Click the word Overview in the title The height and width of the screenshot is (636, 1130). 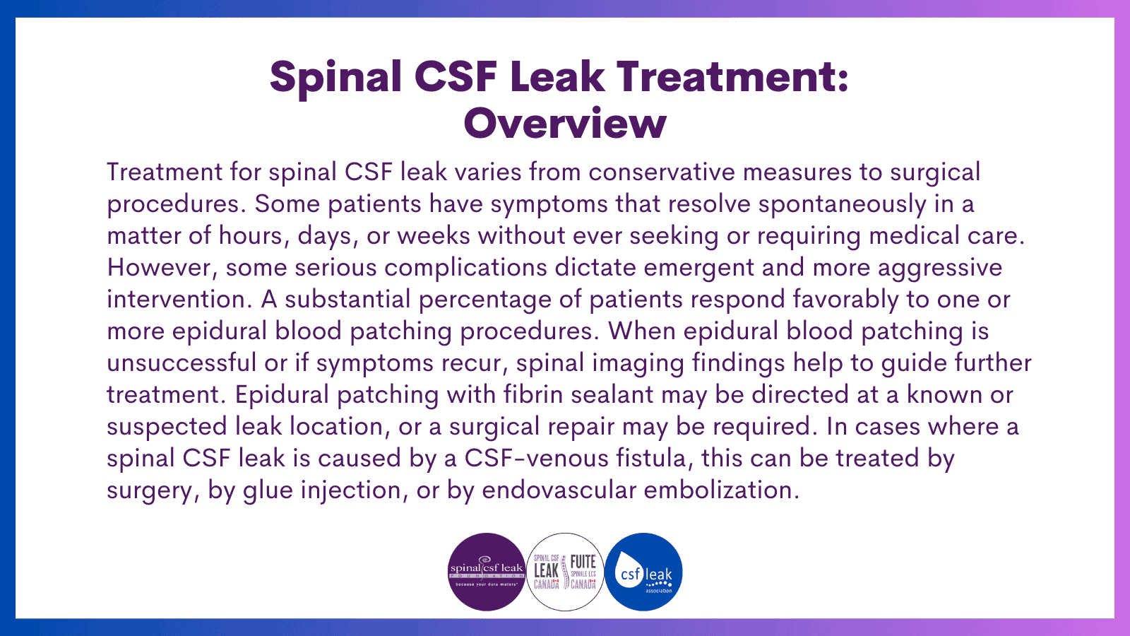pyautogui.click(x=565, y=124)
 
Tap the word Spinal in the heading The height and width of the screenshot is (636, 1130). pyautogui.click(x=335, y=76)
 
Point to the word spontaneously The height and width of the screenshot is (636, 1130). pyautogui.click(x=842, y=204)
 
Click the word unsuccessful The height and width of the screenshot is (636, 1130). pyautogui.click(x=182, y=363)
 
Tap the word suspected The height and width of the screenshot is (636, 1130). pyautogui.click(x=167, y=427)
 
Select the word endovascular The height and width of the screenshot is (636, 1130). pyautogui.click(x=559, y=490)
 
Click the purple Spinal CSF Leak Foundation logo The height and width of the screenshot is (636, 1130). pyautogui.click(x=487, y=572)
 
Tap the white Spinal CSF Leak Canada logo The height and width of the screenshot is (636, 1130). pyautogui.click(x=565, y=572)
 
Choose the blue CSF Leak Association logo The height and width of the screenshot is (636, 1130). pyautogui.click(x=643, y=572)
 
